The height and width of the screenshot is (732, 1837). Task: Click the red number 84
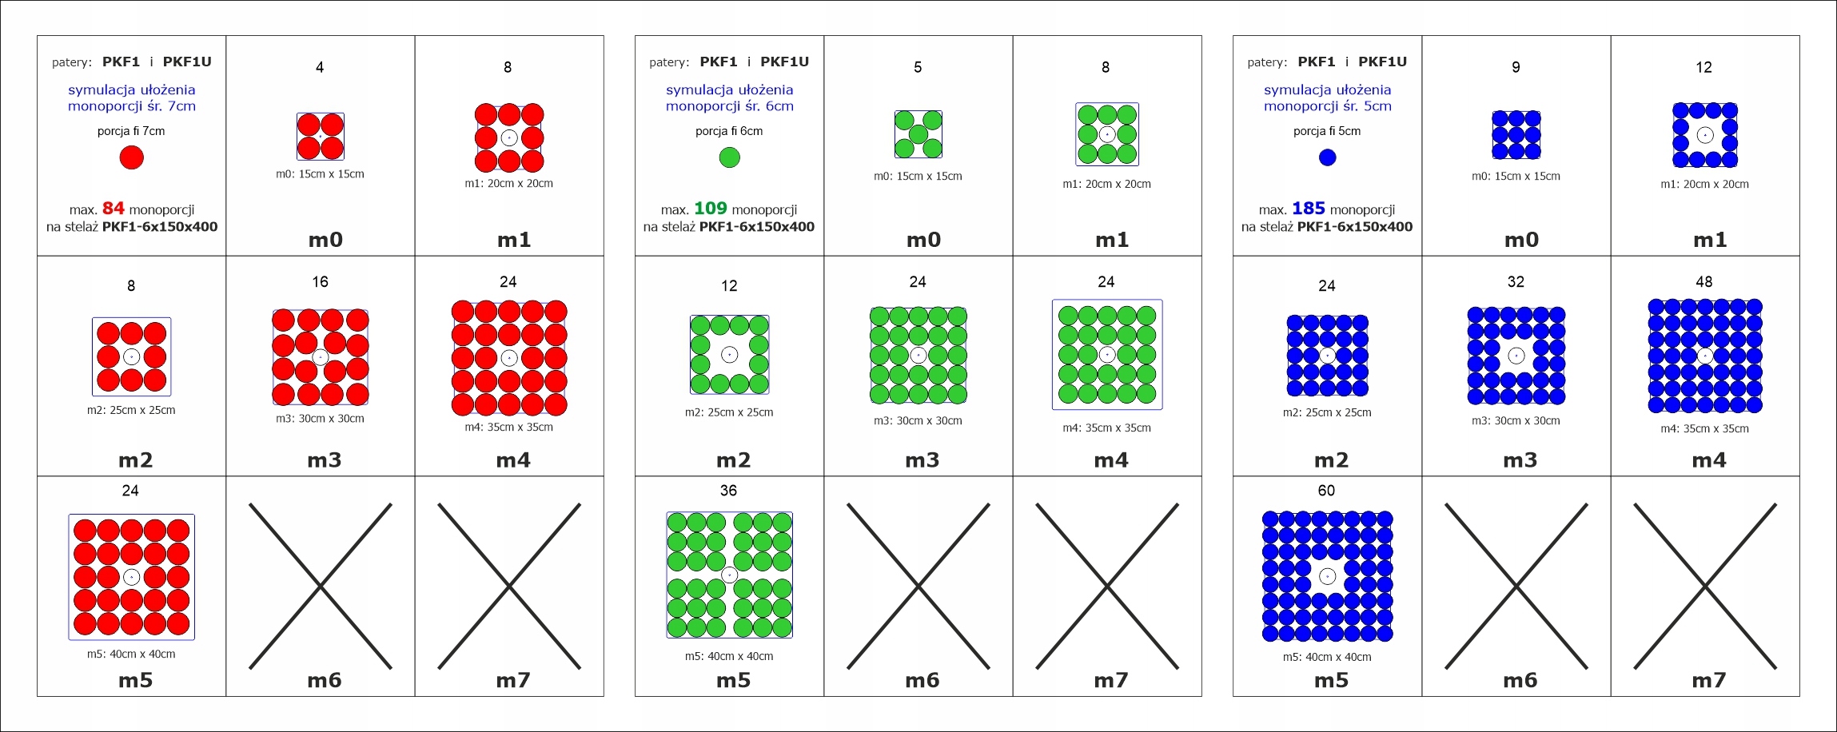pyautogui.click(x=113, y=209)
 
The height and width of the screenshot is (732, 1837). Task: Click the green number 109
pyautogui.click(x=710, y=209)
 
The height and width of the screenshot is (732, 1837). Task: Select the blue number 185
pyautogui.click(x=1308, y=209)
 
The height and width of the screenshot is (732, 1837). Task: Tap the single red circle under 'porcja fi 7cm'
pyautogui.click(x=132, y=157)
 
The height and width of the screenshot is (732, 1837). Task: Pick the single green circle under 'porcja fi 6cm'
pyautogui.click(x=729, y=157)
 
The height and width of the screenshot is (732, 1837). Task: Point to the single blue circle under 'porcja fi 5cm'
pyautogui.click(x=1327, y=157)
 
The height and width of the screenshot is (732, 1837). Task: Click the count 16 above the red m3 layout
pyautogui.click(x=320, y=282)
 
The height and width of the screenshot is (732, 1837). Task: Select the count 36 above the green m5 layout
pyautogui.click(x=728, y=491)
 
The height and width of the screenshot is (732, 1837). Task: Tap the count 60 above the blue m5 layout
pyautogui.click(x=1326, y=491)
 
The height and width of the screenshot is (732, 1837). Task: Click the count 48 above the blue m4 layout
pyautogui.click(x=1704, y=282)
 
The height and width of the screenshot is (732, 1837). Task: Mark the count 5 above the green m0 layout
pyautogui.click(x=918, y=68)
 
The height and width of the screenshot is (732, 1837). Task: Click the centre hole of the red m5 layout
pyautogui.click(x=132, y=577)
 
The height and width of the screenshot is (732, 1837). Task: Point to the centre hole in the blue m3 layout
pyautogui.click(x=1516, y=356)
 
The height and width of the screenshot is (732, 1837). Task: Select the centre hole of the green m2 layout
pyautogui.click(x=729, y=355)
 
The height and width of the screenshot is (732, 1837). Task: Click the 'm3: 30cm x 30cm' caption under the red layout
pyautogui.click(x=320, y=419)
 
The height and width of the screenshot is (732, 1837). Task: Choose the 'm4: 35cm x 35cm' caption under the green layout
pyautogui.click(x=1106, y=428)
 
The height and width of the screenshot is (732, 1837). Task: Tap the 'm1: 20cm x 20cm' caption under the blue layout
pyautogui.click(x=1704, y=185)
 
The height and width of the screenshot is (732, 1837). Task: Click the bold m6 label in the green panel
pyautogui.click(x=922, y=681)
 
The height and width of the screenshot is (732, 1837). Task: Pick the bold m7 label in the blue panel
pyautogui.click(x=1708, y=681)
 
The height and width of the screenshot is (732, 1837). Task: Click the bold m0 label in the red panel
pyautogui.click(x=325, y=240)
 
